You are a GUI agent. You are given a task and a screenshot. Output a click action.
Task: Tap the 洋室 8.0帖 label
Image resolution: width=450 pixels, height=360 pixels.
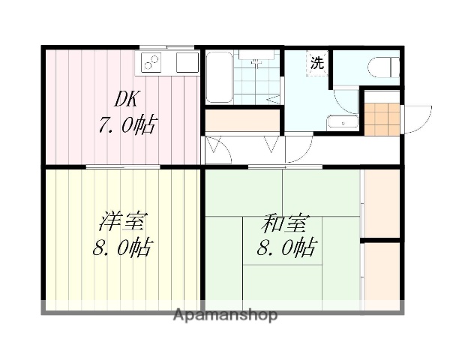122,234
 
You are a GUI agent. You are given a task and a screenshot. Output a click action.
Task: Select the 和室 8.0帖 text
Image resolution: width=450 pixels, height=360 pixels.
286,234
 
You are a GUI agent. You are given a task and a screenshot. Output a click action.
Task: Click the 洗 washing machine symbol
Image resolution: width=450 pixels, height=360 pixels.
317,63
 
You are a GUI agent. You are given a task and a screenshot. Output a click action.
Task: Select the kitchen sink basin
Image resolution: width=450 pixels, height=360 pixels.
185,63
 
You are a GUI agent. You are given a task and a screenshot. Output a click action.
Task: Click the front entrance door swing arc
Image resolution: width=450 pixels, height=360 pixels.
417,117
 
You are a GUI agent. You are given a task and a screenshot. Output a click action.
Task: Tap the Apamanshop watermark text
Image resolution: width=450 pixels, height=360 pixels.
225,314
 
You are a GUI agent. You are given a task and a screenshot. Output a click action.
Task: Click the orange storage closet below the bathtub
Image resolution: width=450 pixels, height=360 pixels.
241,119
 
